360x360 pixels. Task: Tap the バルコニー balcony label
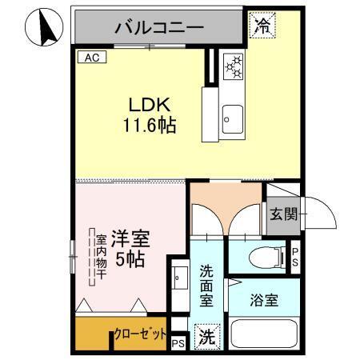159,27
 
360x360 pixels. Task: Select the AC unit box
90,57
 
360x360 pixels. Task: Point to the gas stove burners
233,66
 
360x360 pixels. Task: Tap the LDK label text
149,105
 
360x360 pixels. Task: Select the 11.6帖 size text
149,126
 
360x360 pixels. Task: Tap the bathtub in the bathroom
264,336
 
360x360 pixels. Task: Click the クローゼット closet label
141,334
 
